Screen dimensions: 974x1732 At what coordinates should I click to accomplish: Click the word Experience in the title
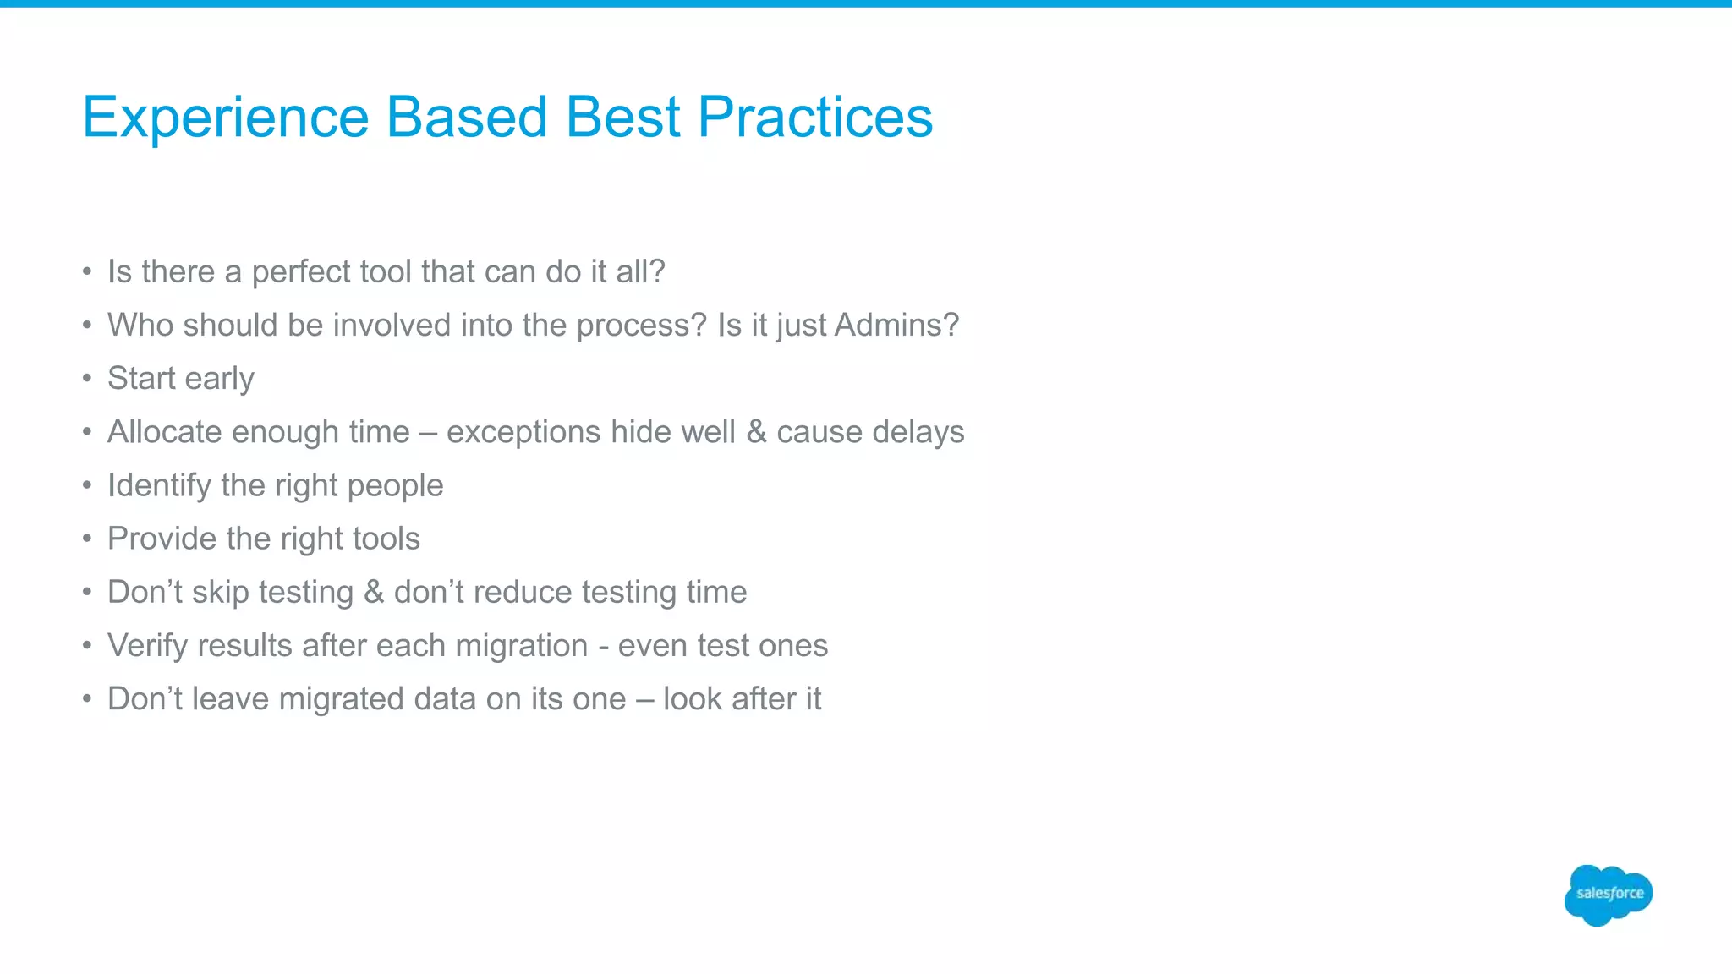point(226,117)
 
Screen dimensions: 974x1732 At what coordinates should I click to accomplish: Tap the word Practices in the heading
point(814,117)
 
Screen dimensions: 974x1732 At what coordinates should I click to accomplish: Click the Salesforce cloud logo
point(1608,895)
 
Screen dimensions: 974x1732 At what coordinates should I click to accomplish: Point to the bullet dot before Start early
point(87,379)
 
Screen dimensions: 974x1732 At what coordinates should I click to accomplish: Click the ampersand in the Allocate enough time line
point(756,432)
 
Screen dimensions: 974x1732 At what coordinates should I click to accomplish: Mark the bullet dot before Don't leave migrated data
point(87,699)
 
